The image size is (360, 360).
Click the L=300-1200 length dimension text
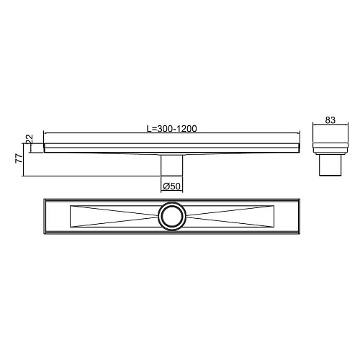tap(171, 128)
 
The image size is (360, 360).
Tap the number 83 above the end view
tap(331, 121)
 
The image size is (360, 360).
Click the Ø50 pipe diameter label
tap(171, 186)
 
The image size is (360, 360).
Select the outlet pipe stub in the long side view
tap(172, 166)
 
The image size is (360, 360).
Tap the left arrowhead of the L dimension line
tap(46, 133)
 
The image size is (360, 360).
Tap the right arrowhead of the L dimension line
tap(297, 133)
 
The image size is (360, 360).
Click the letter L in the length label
tap(148, 128)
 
